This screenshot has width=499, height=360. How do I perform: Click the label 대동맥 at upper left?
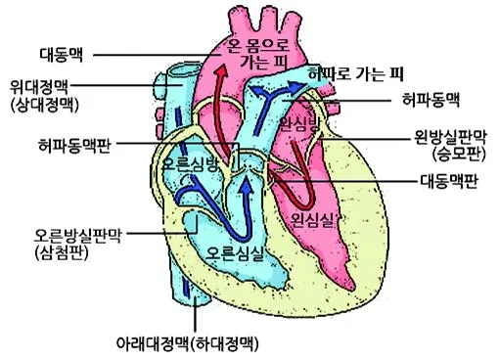(62, 55)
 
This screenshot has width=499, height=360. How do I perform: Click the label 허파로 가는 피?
(356, 74)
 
